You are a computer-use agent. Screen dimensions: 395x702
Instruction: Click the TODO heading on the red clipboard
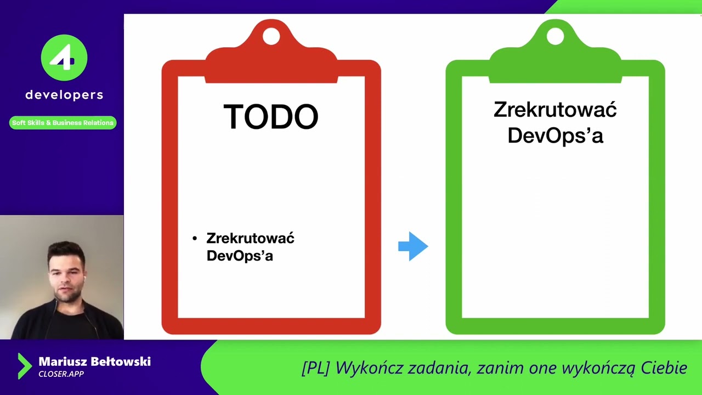click(x=271, y=116)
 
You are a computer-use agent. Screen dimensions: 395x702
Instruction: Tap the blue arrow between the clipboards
click(x=413, y=246)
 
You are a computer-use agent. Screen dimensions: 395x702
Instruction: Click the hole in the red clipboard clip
click(x=271, y=36)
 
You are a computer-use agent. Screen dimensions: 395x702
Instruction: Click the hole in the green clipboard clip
click(x=555, y=36)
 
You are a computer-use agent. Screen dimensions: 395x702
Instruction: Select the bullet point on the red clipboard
click(x=195, y=239)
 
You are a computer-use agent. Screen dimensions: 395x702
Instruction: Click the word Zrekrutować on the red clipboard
click(x=250, y=238)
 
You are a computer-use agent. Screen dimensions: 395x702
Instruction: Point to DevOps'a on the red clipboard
click(x=240, y=256)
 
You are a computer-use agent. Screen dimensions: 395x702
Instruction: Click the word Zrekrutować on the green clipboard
click(x=555, y=110)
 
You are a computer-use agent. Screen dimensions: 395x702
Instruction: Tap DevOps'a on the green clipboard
click(x=555, y=135)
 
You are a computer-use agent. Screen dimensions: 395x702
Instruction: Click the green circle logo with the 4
click(x=64, y=58)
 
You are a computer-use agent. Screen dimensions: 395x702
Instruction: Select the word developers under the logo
click(x=64, y=95)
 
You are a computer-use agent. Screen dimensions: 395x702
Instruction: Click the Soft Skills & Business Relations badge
click(x=63, y=123)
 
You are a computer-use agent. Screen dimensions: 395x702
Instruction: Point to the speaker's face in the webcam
click(x=66, y=271)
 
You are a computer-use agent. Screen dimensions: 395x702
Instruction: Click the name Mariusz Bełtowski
click(x=94, y=362)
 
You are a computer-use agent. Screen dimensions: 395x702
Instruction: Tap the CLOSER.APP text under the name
click(x=61, y=374)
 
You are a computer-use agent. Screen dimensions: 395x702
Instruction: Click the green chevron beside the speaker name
click(x=24, y=366)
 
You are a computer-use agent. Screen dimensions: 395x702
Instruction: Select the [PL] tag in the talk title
click(x=315, y=368)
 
